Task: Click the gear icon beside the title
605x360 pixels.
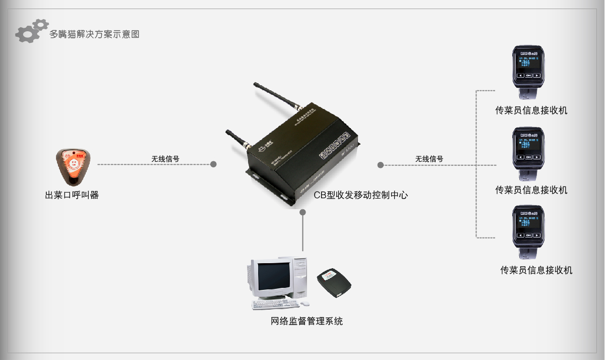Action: [31, 31]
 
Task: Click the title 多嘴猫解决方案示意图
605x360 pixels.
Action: [94, 34]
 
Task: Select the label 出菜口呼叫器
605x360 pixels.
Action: [72, 195]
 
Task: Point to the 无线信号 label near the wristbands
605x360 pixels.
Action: [429, 158]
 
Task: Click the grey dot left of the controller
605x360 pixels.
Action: [213, 164]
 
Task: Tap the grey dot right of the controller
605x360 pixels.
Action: [381, 165]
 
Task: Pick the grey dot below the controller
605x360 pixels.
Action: [303, 212]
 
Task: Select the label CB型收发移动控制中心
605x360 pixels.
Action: [360, 195]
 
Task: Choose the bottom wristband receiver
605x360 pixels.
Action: [529, 229]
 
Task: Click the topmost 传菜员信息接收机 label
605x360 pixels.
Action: [531, 110]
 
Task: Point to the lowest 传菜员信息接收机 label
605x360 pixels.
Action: [536, 270]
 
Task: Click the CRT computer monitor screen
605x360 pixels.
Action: [274, 277]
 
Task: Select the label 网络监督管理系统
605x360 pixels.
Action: [307, 321]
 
